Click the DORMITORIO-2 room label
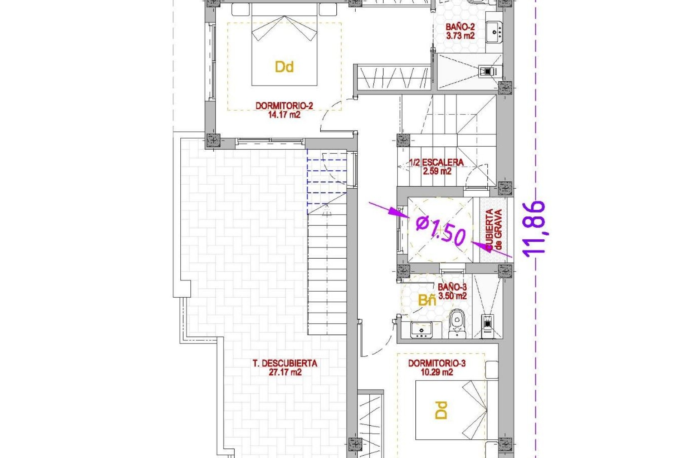point(284,106)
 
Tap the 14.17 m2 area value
point(284,115)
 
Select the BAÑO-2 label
point(460,27)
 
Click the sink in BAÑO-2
point(494,32)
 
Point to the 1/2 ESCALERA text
point(436,162)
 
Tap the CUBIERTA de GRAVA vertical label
point(494,229)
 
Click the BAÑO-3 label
point(452,287)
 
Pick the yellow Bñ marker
point(427,300)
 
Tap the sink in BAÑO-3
point(422,330)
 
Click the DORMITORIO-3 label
point(437,364)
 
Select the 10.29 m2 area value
point(437,372)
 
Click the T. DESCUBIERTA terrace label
point(285,364)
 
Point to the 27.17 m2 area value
point(285,372)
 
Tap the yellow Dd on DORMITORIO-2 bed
point(284,67)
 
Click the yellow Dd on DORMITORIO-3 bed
point(442,410)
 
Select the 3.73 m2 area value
point(460,36)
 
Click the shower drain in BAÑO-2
point(488,72)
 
